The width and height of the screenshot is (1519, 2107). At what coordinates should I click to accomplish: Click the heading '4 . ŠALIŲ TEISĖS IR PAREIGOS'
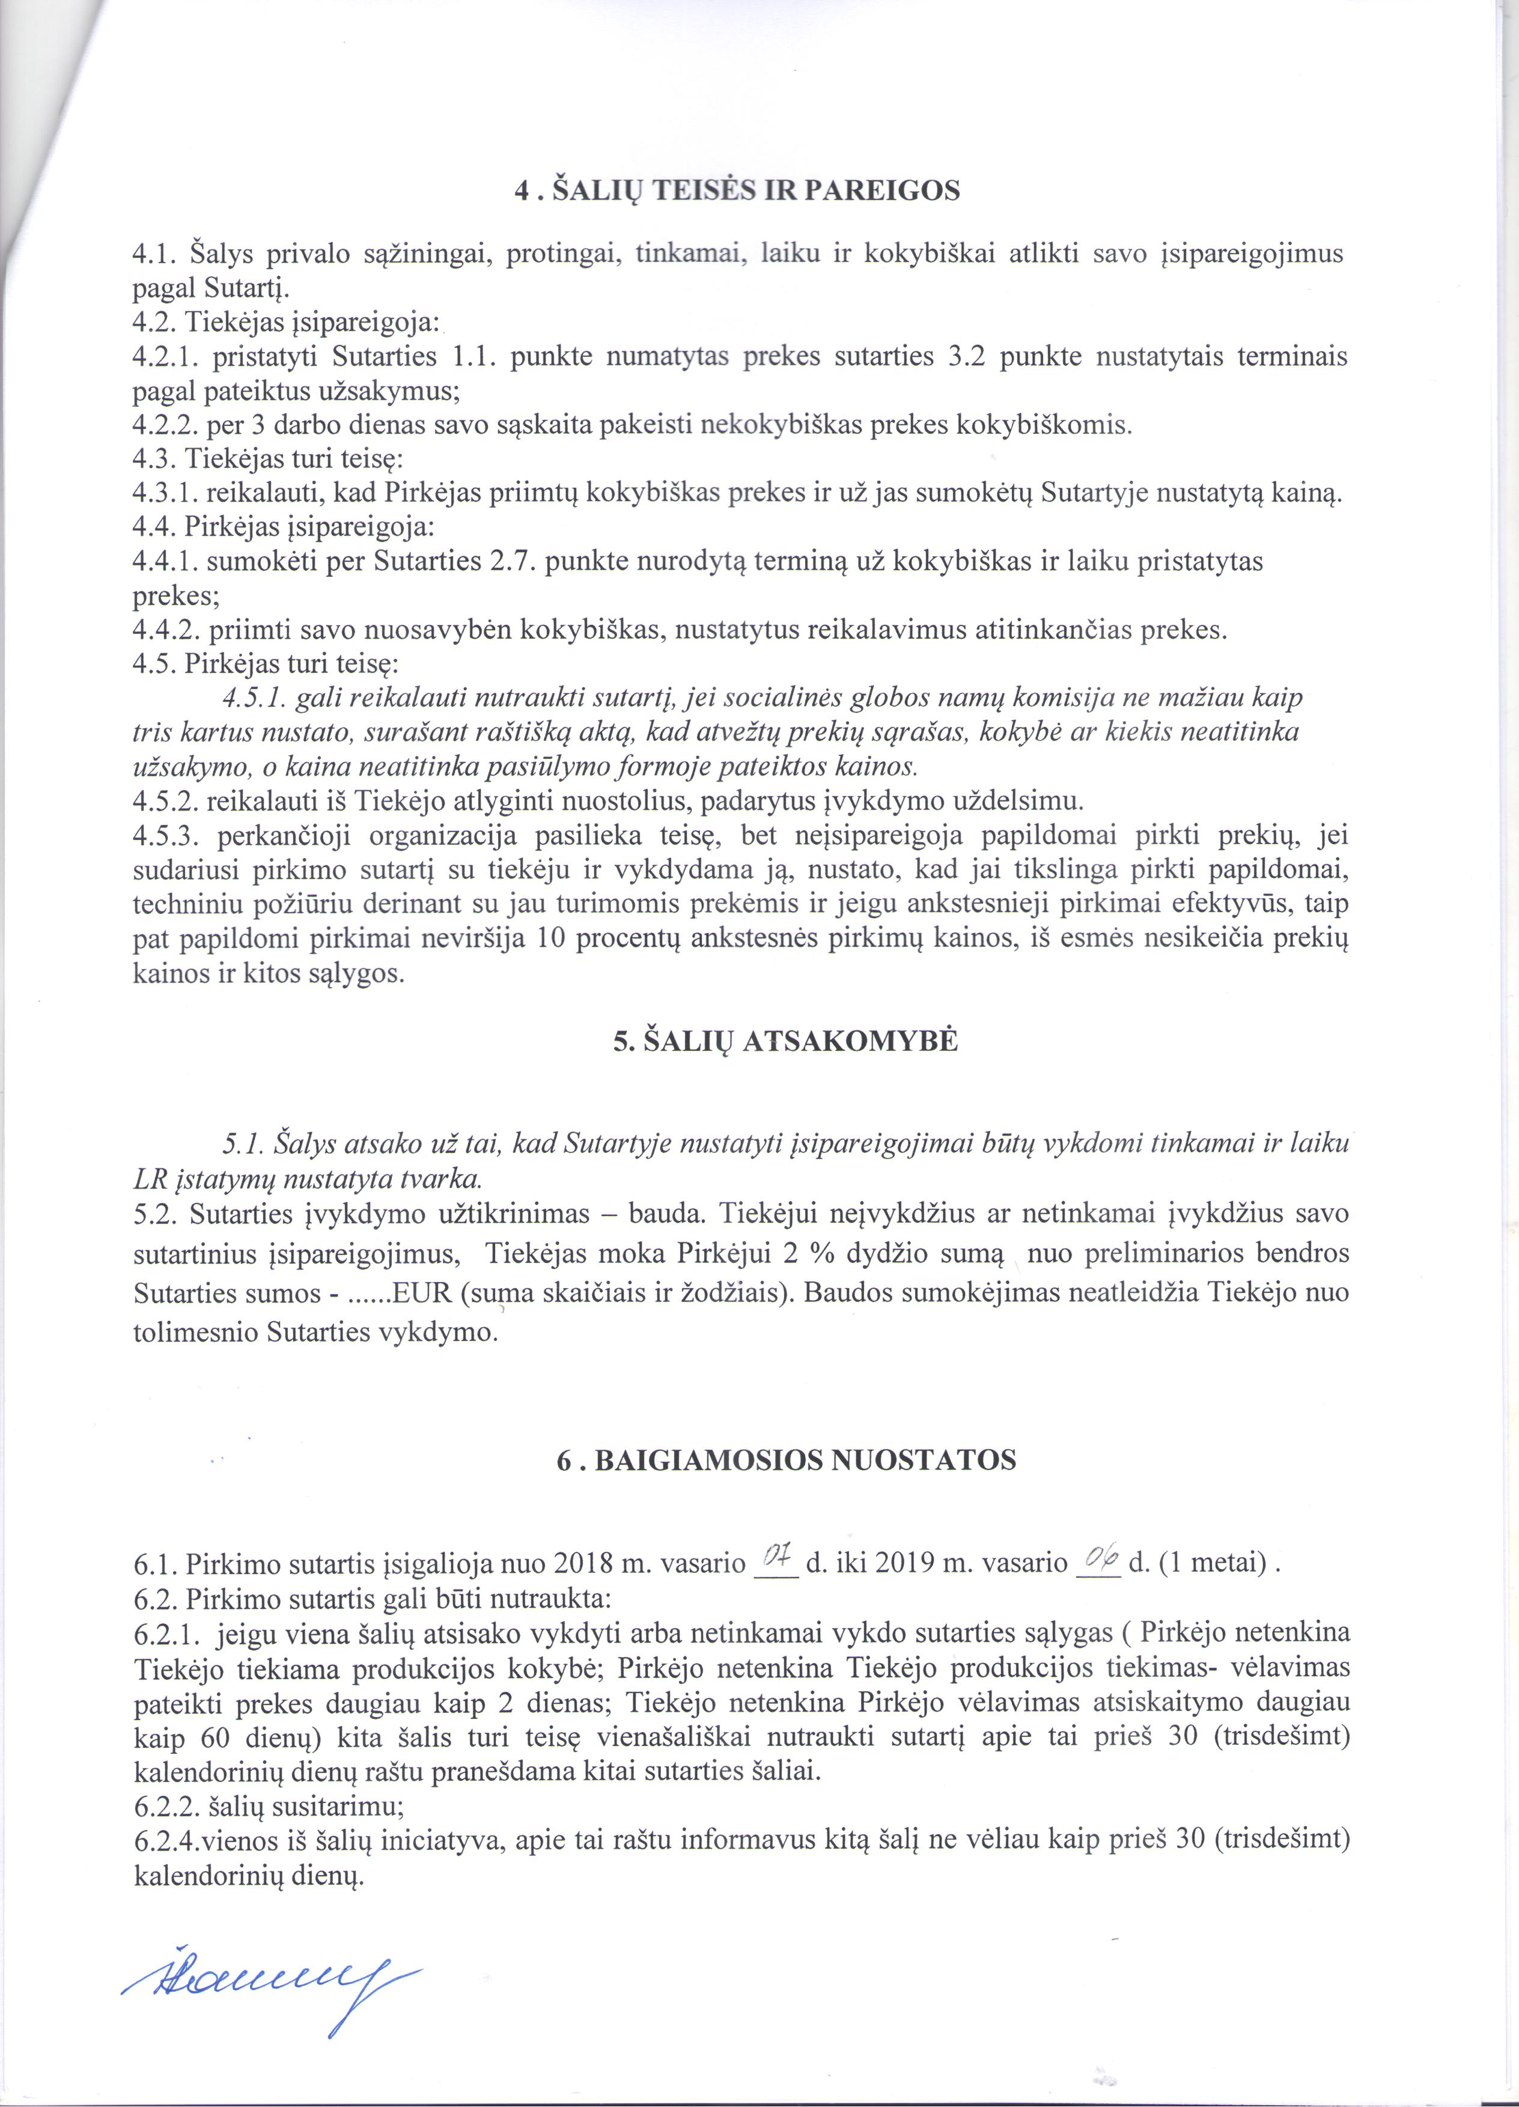tap(737, 190)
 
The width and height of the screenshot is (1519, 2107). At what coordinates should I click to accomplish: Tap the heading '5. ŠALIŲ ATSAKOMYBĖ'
tap(785, 1041)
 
